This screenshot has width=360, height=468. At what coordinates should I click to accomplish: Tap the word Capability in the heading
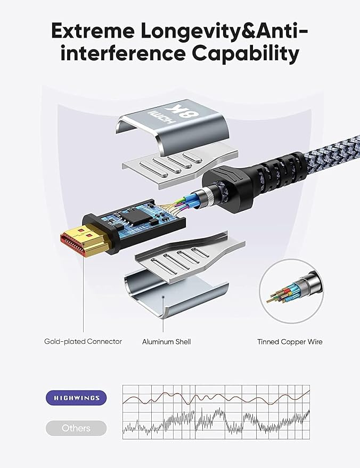tap(246, 54)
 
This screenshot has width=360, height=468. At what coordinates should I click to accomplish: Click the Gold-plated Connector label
tap(83, 341)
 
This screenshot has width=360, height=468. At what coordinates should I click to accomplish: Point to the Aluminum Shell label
tap(166, 342)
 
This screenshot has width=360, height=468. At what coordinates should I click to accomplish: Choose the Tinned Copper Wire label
tap(290, 342)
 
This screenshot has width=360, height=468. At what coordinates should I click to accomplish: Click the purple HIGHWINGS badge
tap(76, 398)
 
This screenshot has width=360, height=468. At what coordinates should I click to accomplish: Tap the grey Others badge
tap(76, 428)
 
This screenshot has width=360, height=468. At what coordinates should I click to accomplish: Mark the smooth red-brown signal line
tap(216, 398)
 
